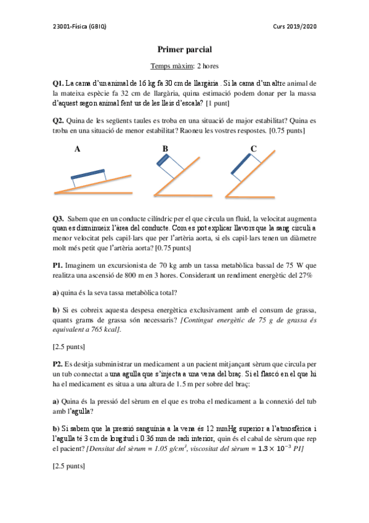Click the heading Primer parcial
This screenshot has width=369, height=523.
(x=184, y=49)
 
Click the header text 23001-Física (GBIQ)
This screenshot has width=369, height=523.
(x=80, y=27)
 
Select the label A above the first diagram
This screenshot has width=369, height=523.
(x=77, y=149)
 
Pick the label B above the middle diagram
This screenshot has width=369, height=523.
(x=165, y=149)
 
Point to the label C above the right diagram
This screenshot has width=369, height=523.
(x=254, y=149)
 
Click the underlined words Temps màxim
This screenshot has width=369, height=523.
(x=172, y=65)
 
